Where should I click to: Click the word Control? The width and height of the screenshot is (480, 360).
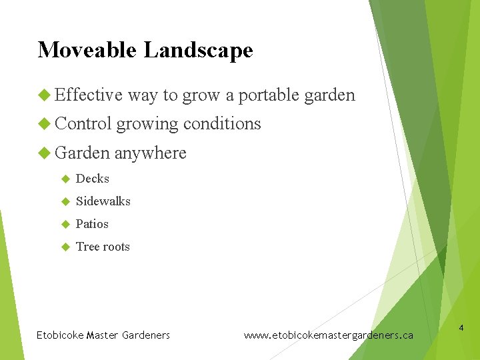pos(83,123)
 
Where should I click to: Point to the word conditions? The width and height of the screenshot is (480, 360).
pos(222,123)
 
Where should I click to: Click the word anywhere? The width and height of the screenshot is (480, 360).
pos(150,153)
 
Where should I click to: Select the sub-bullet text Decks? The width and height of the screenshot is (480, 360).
pos(92,179)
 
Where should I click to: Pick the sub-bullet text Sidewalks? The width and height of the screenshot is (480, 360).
pos(103,201)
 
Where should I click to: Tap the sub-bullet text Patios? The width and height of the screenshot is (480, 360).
pos(92,224)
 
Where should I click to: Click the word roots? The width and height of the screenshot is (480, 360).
pos(116,247)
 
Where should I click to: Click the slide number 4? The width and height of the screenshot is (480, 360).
pos(461,328)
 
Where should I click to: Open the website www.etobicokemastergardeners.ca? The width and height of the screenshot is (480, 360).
pos(328,335)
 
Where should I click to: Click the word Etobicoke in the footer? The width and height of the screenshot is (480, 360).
pos(60,335)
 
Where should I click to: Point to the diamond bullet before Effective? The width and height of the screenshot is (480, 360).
pos(44,95)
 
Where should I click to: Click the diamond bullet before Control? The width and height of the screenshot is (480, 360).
pos(44,124)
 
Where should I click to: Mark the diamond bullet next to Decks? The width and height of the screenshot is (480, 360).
pos(65,179)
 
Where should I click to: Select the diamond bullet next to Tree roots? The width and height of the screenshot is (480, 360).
pos(65,247)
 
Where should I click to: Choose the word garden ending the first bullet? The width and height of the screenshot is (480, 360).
pos(329,95)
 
